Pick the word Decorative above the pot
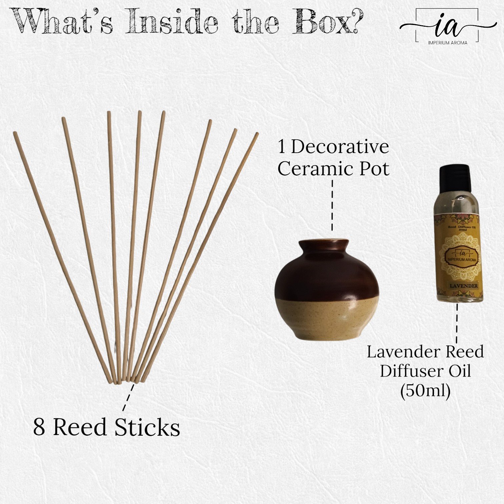click(x=340, y=147)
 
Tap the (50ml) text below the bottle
click(x=425, y=390)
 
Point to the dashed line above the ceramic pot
click(x=332, y=205)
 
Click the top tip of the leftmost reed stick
click(x=15, y=133)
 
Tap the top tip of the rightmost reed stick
click(x=257, y=134)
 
